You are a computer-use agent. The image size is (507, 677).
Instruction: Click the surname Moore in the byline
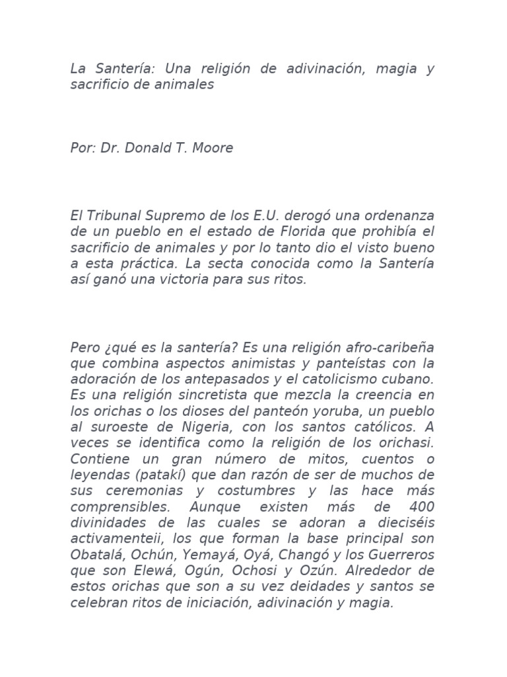[x=213, y=148]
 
